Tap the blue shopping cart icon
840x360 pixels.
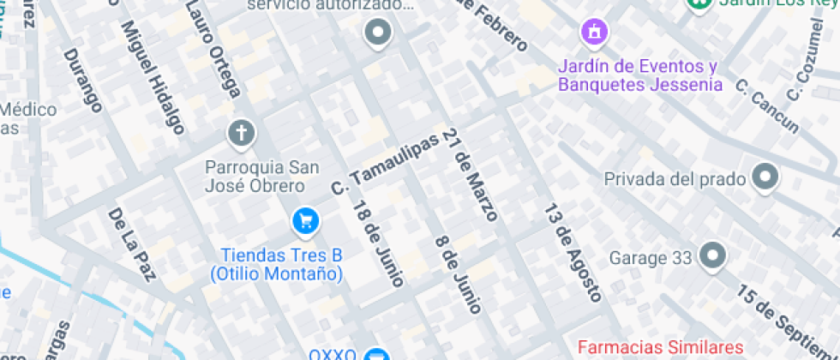(x=305, y=222)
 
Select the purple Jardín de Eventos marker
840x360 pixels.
(x=593, y=33)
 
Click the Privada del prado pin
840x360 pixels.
(x=764, y=178)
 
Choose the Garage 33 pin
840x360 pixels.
(x=711, y=255)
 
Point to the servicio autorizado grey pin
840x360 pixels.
(x=378, y=34)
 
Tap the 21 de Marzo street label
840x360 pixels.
(x=471, y=178)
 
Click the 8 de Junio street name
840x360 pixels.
(x=459, y=274)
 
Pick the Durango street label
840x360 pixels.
(x=83, y=80)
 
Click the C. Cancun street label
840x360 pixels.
(x=766, y=106)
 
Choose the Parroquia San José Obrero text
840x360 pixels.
(x=254, y=176)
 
